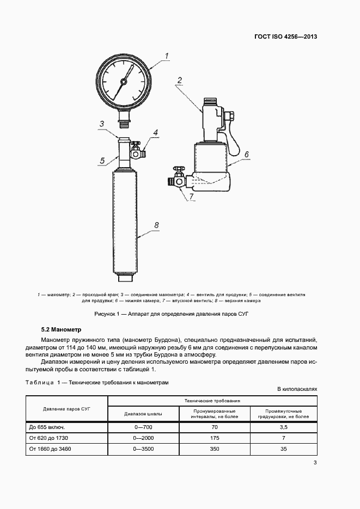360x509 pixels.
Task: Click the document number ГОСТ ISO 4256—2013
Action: point(285,37)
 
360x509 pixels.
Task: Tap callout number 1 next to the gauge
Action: point(167,55)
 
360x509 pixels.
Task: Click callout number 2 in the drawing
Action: point(179,81)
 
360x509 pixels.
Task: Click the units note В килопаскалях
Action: point(297,390)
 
